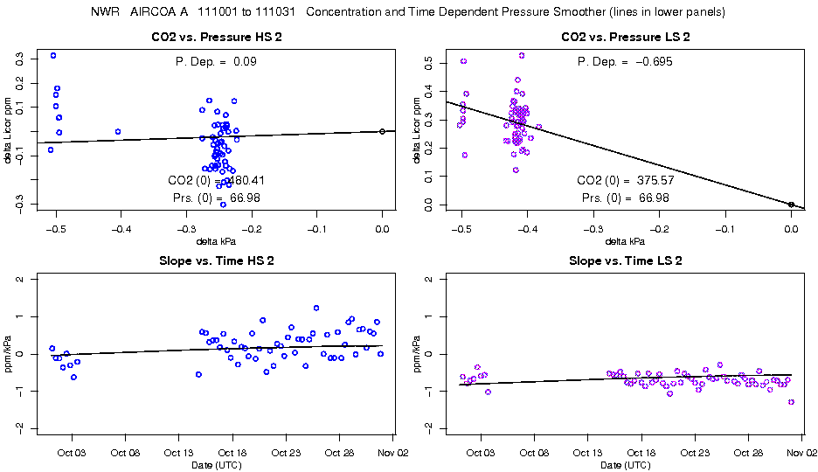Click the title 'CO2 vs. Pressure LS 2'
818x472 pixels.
tap(626, 38)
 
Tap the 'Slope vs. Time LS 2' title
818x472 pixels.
tap(626, 261)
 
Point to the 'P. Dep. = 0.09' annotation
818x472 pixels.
tap(216, 61)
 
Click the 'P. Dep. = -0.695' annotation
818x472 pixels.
tap(625, 61)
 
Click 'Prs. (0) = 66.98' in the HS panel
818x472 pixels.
tap(214, 198)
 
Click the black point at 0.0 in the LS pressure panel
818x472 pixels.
tap(791, 205)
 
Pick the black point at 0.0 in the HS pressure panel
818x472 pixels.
tap(382, 131)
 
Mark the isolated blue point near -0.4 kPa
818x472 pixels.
tap(118, 132)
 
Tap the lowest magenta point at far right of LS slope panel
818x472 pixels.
tap(791, 402)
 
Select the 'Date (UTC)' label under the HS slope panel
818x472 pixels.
tap(216, 465)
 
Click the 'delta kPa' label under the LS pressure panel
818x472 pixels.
tap(625, 241)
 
